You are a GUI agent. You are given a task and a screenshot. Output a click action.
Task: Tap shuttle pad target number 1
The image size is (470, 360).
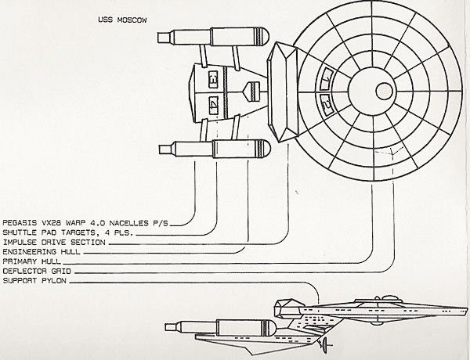click(x=327, y=79)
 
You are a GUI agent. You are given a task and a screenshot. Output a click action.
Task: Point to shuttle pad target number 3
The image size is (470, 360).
click(x=213, y=80)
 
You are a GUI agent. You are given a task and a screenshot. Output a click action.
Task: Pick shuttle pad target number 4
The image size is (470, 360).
click(x=213, y=103)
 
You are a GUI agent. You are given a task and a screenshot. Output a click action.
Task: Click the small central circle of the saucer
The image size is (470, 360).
click(x=384, y=91)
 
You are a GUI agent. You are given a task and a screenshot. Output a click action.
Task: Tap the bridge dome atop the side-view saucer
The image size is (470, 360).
click(x=369, y=299)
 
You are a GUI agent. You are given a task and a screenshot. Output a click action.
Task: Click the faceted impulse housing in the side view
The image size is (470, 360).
click(x=288, y=303)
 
